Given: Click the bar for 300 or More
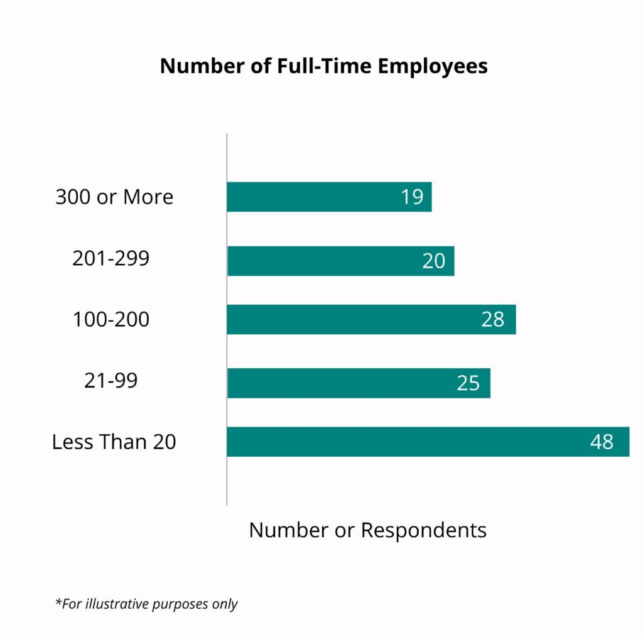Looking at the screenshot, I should click(x=314, y=197).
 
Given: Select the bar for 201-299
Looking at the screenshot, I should click(x=327, y=261).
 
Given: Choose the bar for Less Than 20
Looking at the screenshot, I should click(x=408, y=442).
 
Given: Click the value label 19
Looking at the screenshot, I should click(x=413, y=197).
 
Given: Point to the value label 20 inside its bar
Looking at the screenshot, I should click(x=433, y=261).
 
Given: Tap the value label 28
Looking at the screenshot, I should click(x=493, y=319).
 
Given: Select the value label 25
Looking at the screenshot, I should click(x=468, y=383).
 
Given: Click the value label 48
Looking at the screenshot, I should click(x=602, y=442).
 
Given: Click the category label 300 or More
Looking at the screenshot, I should click(x=114, y=197).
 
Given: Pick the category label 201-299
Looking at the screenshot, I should click(x=111, y=258).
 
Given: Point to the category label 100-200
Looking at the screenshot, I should click(x=111, y=319).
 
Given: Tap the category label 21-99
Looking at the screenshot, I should click(x=111, y=381).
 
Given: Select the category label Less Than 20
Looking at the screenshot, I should click(x=114, y=442).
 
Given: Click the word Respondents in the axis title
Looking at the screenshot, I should click(x=424, y=530).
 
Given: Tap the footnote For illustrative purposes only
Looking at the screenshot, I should click(x=147, y=604).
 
